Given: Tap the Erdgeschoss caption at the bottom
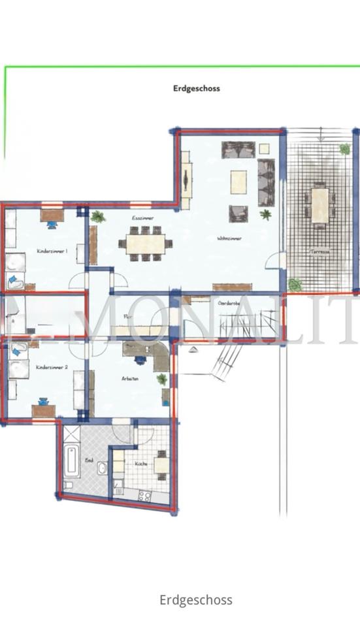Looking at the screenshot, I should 195,600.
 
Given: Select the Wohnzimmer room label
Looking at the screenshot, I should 229,239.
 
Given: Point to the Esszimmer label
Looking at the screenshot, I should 142,217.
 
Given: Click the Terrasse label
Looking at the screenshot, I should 319,251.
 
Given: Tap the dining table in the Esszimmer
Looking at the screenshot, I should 145,244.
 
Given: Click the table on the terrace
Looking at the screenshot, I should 319,205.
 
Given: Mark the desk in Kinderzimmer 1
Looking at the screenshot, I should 52,215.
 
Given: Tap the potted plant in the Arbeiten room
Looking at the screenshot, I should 161,379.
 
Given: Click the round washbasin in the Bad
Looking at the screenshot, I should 103,468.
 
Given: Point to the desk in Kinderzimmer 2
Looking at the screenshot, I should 44,411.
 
